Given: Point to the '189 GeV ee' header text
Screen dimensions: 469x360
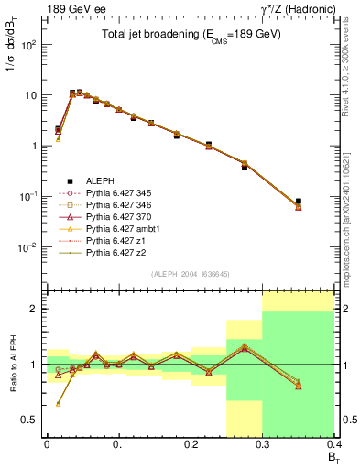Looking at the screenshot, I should coord(70,8).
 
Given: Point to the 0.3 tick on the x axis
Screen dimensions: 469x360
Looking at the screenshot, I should coord(262,446).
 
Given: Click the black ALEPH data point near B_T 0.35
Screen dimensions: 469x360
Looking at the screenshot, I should coord(323,201).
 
